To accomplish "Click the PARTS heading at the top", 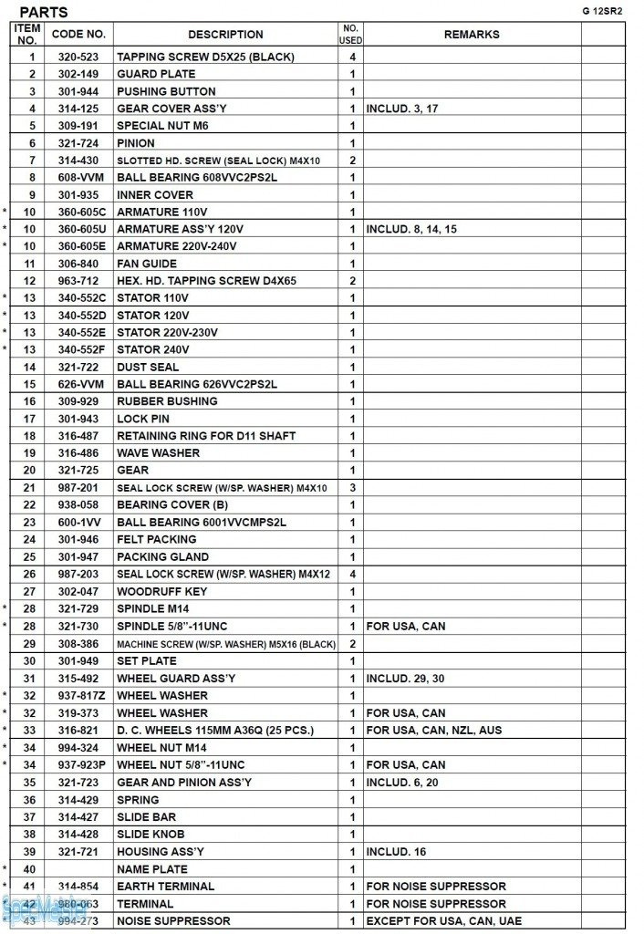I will (44, 12).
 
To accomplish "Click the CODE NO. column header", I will (78, 35).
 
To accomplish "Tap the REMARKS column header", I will (472, 35).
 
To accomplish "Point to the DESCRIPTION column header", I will (225, 35).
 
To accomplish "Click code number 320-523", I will (78, 57).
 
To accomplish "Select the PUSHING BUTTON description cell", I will (166, 91).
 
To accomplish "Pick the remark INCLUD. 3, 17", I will (402, 109).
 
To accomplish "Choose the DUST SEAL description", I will (148, 368).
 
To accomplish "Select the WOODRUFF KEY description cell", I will (161, 592).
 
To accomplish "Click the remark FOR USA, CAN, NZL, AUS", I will (434, 731).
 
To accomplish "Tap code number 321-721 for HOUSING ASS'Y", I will (78, 852).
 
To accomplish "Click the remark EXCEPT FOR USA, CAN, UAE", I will (444, 921).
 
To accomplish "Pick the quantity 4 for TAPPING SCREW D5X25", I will (351, 57).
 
